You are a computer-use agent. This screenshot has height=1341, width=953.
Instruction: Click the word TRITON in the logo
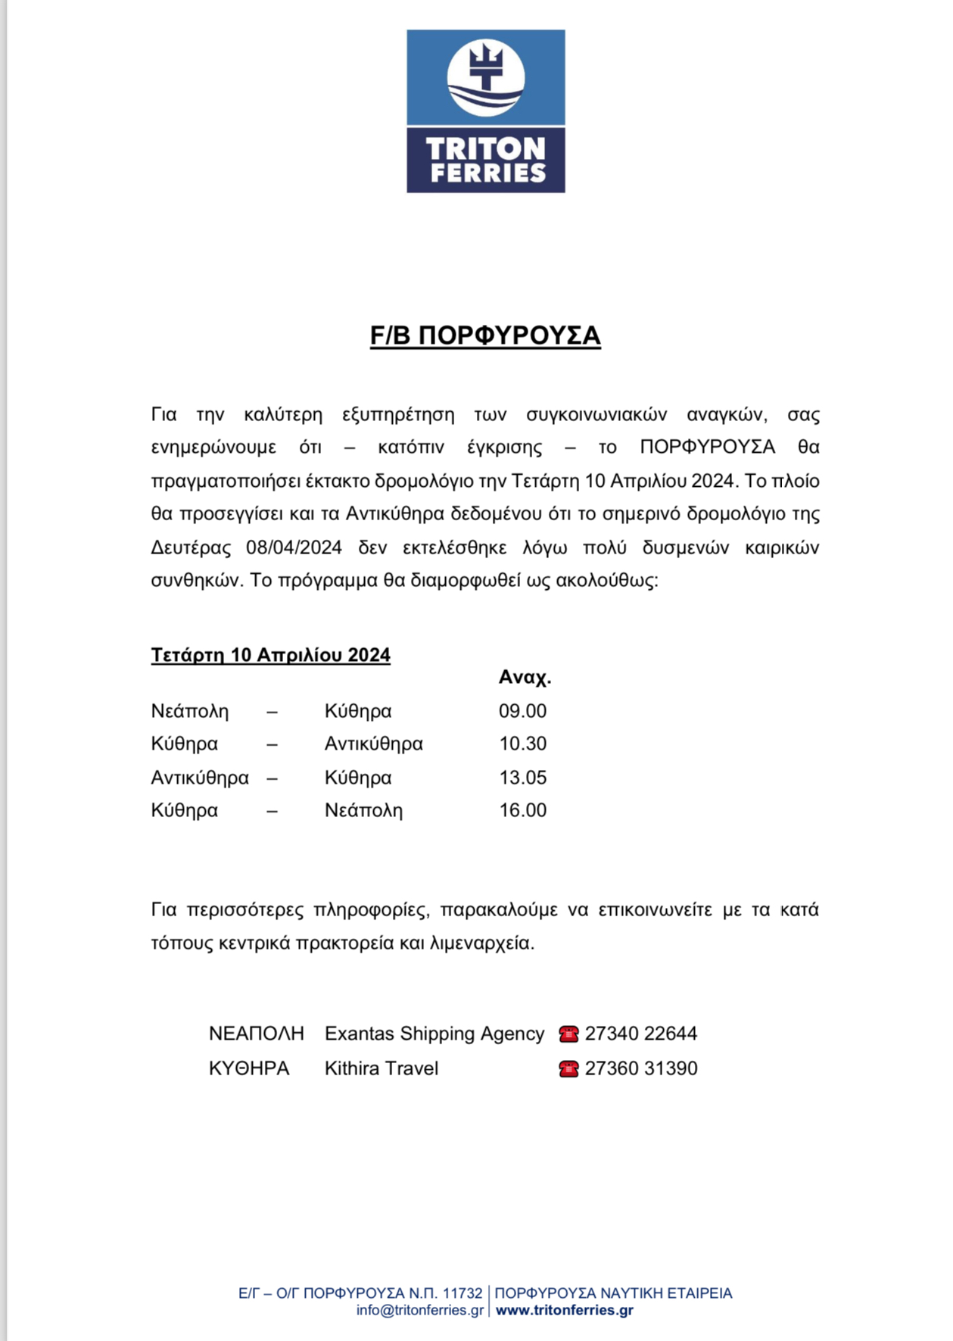point(485,148)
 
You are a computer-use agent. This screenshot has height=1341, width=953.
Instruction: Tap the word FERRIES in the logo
point(488,173)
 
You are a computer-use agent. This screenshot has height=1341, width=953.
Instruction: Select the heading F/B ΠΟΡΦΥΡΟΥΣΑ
point(485,335)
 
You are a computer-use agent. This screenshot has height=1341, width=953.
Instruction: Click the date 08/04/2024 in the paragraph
point(294,547)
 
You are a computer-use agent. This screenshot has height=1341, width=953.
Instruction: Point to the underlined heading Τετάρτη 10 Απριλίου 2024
point(270,655)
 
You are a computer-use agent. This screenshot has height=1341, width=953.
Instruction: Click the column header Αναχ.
point(525,678)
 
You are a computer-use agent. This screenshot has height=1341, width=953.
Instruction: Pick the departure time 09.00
point(522,711)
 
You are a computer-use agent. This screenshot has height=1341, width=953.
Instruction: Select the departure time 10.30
point(522,744)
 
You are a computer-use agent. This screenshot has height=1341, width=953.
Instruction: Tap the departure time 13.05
point(522,778)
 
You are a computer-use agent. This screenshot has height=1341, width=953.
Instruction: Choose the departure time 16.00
point(522,810)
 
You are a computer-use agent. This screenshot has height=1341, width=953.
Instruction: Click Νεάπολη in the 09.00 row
point(189,712)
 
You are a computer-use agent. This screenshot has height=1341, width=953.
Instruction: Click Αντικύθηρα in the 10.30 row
point(373,744)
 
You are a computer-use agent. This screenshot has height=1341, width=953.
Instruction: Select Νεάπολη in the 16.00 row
point(363,811)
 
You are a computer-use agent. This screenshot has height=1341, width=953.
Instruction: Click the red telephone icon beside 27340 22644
point(568,1034)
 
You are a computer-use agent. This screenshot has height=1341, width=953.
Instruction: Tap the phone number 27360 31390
point(641,1068)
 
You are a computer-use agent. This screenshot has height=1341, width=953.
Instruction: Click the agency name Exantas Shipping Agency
point(434,1034)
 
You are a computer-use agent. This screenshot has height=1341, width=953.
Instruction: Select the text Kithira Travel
point(382,1068)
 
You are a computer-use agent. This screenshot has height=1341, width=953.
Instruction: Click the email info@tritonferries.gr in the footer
point(420,1310)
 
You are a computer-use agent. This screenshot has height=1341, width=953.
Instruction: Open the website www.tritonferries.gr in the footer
point(564,1310)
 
